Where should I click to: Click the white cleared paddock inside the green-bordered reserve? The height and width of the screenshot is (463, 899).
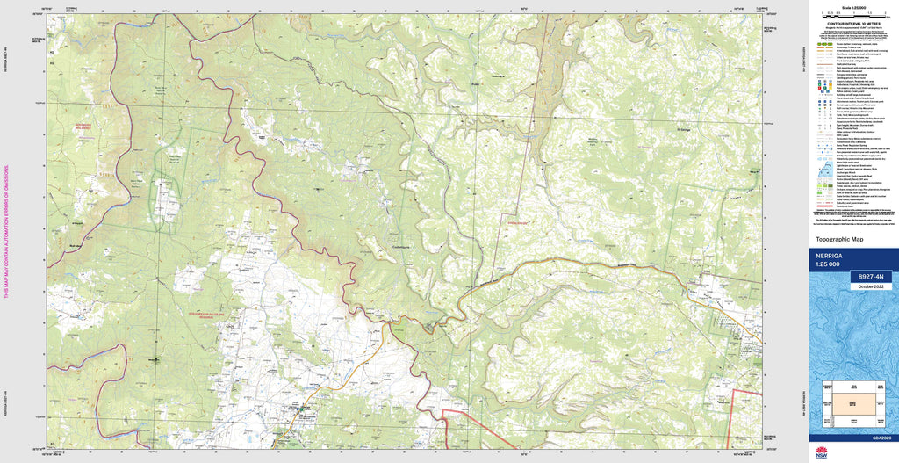(x=164, y=198)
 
